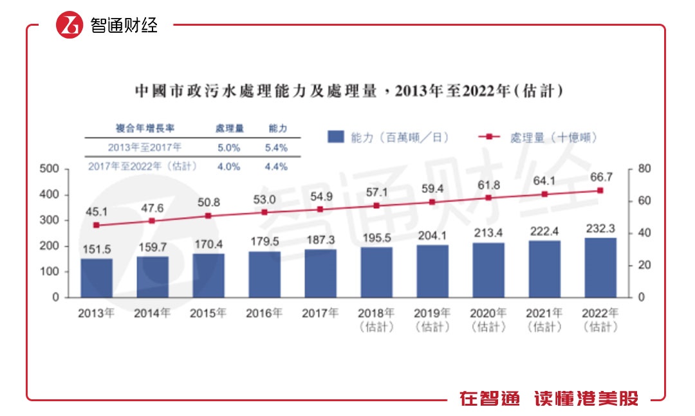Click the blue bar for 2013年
[x=97, y=278]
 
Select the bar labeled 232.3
[x=600, y=267]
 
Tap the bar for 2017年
[x=320, y=273]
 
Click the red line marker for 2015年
[x=208, y=216]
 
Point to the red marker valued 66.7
[x=600, y=190]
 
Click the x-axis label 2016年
[x=264, y=314]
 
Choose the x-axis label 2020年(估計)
[x=488, y=320]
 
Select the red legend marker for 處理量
[x=489, y=137]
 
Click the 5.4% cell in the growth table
[x=277, y=148]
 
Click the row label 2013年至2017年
[x=144, y=148]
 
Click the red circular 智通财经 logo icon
[x=69, y=25]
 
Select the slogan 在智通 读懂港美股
[x=549, y=398]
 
